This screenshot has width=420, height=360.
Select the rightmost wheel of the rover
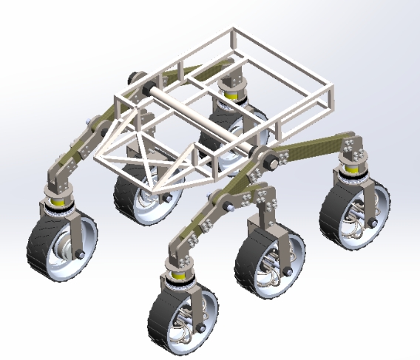(x=356, y=211)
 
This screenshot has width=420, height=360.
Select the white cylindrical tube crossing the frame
(x=200, y=119)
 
